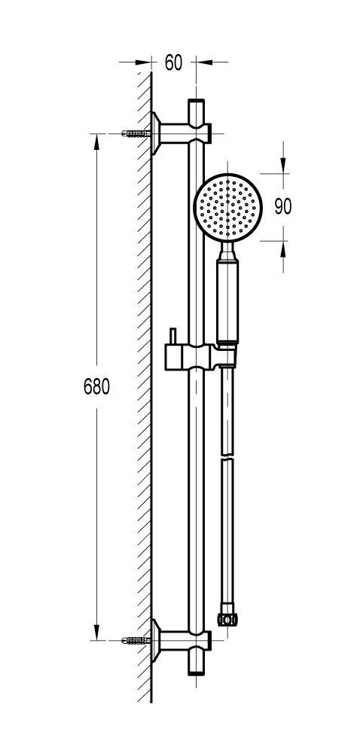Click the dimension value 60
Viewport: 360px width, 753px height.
[173, 62]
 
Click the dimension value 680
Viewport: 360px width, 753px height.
[96, 386]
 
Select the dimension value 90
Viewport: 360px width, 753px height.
[283, 206]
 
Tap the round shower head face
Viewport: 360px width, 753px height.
[227, 208]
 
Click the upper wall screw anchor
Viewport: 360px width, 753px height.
[136, 133]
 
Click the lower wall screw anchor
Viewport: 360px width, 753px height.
[136, 640]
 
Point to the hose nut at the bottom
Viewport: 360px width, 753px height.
[227, 619]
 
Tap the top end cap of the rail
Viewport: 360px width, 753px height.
[197, 102]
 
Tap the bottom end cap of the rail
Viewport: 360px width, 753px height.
[197, 671]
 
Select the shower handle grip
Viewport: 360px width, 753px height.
[227, 301]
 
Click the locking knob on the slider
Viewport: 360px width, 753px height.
[172, 336]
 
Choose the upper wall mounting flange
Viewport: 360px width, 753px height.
[155, 133]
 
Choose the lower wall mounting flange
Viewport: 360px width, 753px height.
[155, 640]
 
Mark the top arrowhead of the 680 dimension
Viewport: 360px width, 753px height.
[96, 142]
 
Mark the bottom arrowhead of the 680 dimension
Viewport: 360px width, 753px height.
[96, 632]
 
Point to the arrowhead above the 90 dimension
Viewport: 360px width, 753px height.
[282, 166]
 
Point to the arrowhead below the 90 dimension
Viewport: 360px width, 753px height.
[282, 249]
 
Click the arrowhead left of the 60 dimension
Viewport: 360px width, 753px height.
[144, 62]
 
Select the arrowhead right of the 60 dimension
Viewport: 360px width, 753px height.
[204, 62]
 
